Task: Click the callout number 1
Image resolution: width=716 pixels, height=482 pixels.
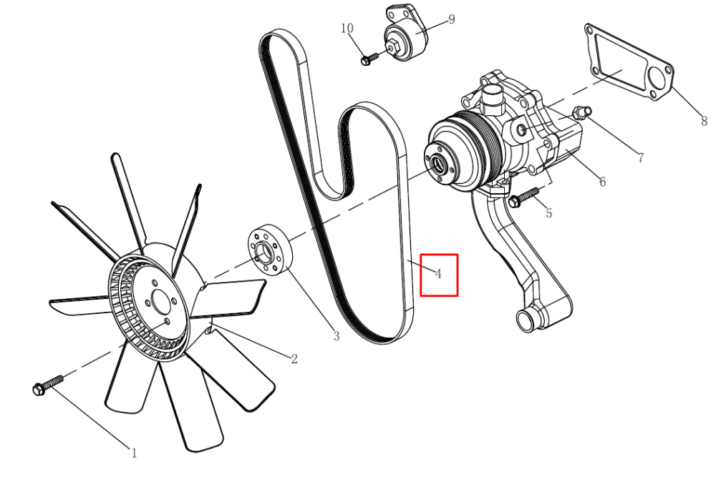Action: point(134,453)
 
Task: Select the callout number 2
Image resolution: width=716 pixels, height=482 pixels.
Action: point(294,359)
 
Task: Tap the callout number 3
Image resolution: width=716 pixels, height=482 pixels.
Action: point(337,337)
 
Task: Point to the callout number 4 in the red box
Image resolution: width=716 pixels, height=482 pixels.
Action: point(438,274)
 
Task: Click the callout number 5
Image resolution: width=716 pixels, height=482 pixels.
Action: point(549,213)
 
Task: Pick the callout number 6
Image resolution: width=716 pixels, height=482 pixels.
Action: point(602,182)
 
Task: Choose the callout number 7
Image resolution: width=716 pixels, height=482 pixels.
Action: point(641,158)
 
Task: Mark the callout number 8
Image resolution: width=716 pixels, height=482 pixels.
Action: point(704,121)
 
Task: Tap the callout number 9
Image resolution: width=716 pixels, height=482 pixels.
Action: point(452,19)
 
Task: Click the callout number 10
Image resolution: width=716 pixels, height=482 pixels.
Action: point(347,29)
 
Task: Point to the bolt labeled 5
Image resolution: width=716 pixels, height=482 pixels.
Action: point(524,197)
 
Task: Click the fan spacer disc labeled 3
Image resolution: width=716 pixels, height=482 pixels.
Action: point(270,250)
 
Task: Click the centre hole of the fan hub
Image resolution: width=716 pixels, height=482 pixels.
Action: point(160,303)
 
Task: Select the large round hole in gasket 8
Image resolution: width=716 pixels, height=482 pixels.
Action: point(657,80)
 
